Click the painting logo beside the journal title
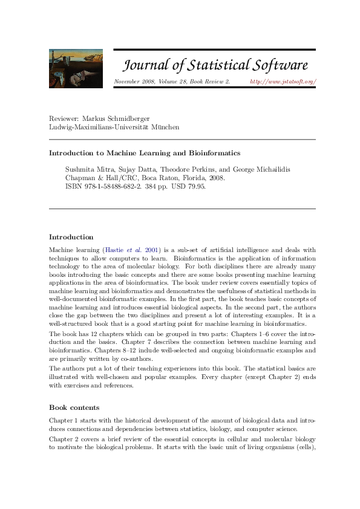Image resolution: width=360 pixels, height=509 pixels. click(76, 68)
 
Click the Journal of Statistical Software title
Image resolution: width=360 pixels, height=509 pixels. click(216, 65)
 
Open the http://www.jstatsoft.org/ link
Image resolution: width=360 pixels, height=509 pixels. click(283, 81)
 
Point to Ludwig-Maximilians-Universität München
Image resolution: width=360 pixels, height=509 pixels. click(114, 127)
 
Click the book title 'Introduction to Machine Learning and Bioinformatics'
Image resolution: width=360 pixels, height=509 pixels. click(145, 153)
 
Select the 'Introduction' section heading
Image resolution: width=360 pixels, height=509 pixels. click(71, 237)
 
